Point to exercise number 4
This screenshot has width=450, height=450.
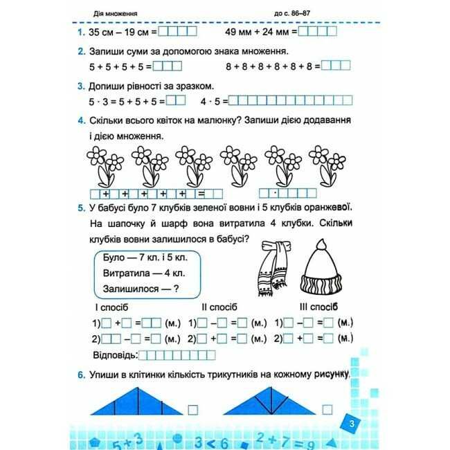point(81,122)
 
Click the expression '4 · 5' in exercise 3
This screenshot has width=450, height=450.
point(209,101)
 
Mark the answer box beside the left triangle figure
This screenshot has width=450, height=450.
point(193,408)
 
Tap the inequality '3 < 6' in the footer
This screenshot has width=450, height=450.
point(208,441)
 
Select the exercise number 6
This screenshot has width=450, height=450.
point(81,375)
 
